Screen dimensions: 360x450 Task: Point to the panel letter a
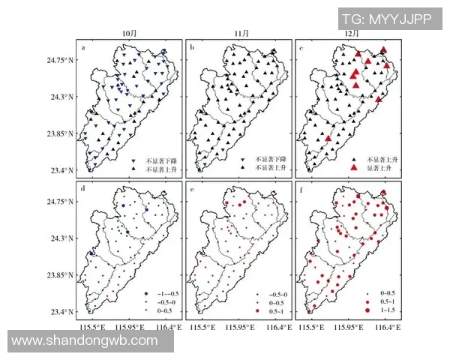(x=84, y=49)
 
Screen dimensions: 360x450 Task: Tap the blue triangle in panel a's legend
(x=133, y=160)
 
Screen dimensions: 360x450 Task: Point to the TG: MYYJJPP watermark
(x=386, y=19)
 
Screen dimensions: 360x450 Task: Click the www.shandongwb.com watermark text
(x=85, y=341)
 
